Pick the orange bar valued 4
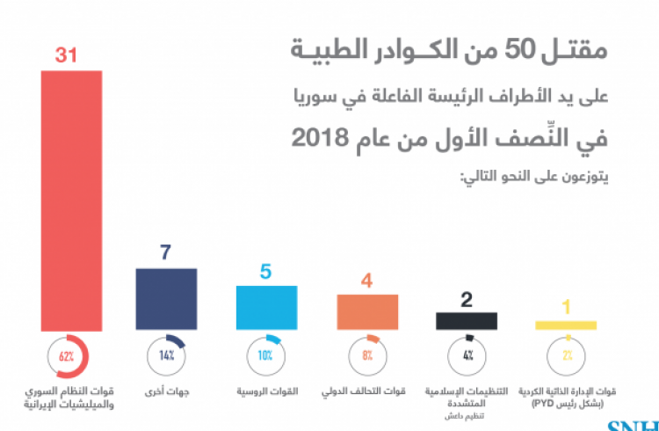click(x=367, y=311)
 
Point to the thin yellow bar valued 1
click(x=567, y=325)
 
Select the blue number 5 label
click(x=266, y=271)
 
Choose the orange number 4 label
click(x=368, y=280)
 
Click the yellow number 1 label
click(x=567, y=307)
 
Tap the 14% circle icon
click(x=166, y=356)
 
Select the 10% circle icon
click(x=266, y=356)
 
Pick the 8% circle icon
click(x=367, y=356)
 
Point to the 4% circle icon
click(x=467, y=356)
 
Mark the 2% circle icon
click(x=567, y=356)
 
